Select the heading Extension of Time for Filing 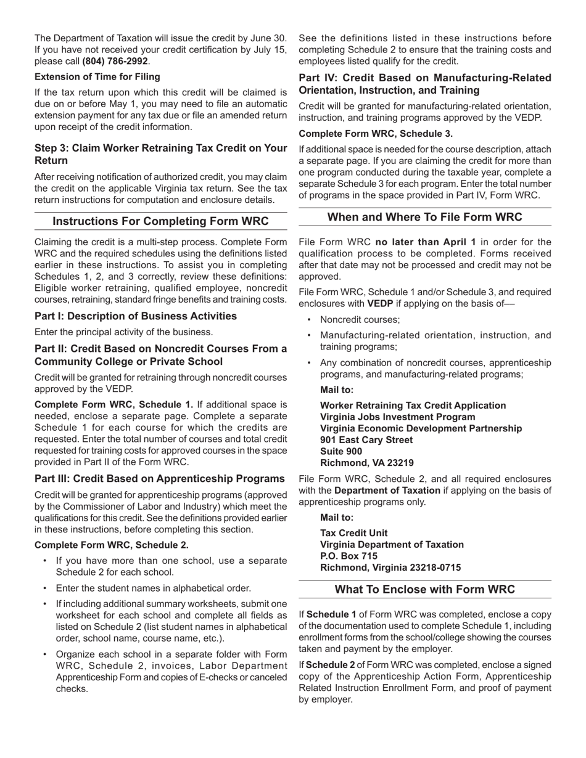click(97, 76)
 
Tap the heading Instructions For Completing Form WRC click(160, 221)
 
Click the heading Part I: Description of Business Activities click(136, 316)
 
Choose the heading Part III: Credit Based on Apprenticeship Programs click(160, 478)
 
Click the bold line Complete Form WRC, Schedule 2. click(112, 545)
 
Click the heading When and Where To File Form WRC click(424, 217)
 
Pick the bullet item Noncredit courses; click(360, 320)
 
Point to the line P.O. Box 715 click(349, 556)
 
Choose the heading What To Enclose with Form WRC click(424, 589)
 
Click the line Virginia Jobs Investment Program click(398, 417)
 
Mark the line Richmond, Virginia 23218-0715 click(390, 568)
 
